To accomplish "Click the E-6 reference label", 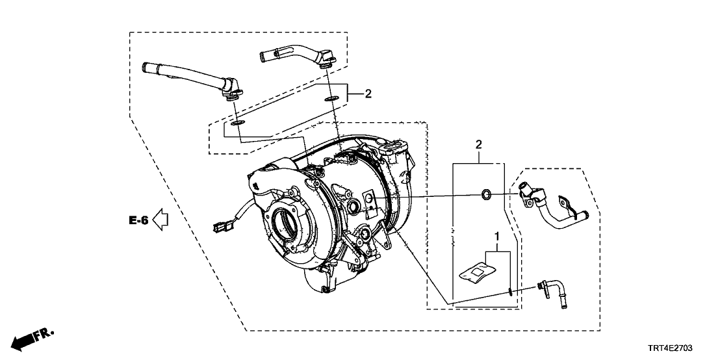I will pyautogui.click(x=138, y=221).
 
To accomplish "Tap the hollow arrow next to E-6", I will pyautogui.click(x=160, y=220).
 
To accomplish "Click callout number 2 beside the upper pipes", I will pyautogui.click(x=367, y=94).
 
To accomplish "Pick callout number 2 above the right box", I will pyautogui.click(x=478, y=144).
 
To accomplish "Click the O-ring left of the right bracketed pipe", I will pyautogui.click(x=485, y=194).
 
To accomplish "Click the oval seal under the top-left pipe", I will pyautogui.click(x=238, y=122).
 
